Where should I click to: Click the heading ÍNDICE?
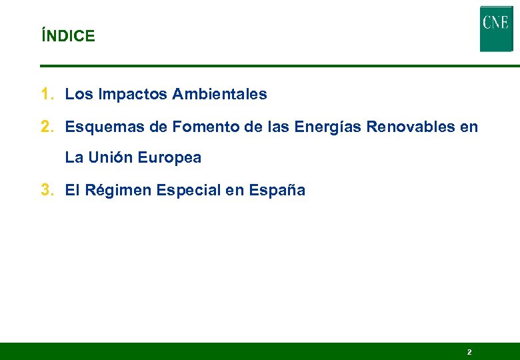(x=68, y=36)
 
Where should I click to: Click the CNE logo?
(x=495, y=29)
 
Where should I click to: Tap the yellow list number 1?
(x=46, y=95)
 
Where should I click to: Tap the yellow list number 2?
(x=46, y=127)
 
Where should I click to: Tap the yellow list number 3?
(x=46, y=190)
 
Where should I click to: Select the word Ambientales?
(x=219, y=95)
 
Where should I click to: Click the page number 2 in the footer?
(x=469, y=351)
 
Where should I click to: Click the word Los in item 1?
(x=79, y=95)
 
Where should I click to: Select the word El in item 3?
(x=72, y=190)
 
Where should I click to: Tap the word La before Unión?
(x=74, y=158)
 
